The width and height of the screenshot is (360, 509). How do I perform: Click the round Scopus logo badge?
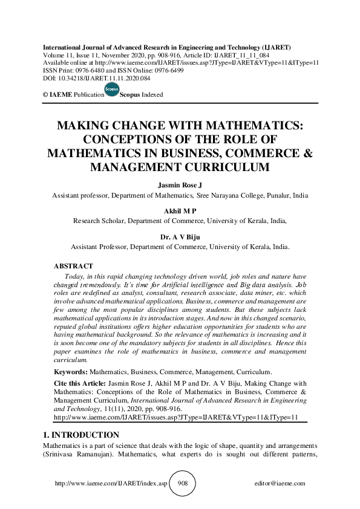(x=111, y=90)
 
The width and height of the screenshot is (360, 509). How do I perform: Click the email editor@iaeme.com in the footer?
(x=281, y=484)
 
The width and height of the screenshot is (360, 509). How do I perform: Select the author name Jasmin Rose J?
(x=180, y=185)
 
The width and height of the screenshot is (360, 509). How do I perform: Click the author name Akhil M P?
(x=180, y=211)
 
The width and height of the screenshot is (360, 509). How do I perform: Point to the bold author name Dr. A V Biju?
(x=180, y=236)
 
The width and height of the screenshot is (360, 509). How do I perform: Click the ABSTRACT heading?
(x=73, y=266)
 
